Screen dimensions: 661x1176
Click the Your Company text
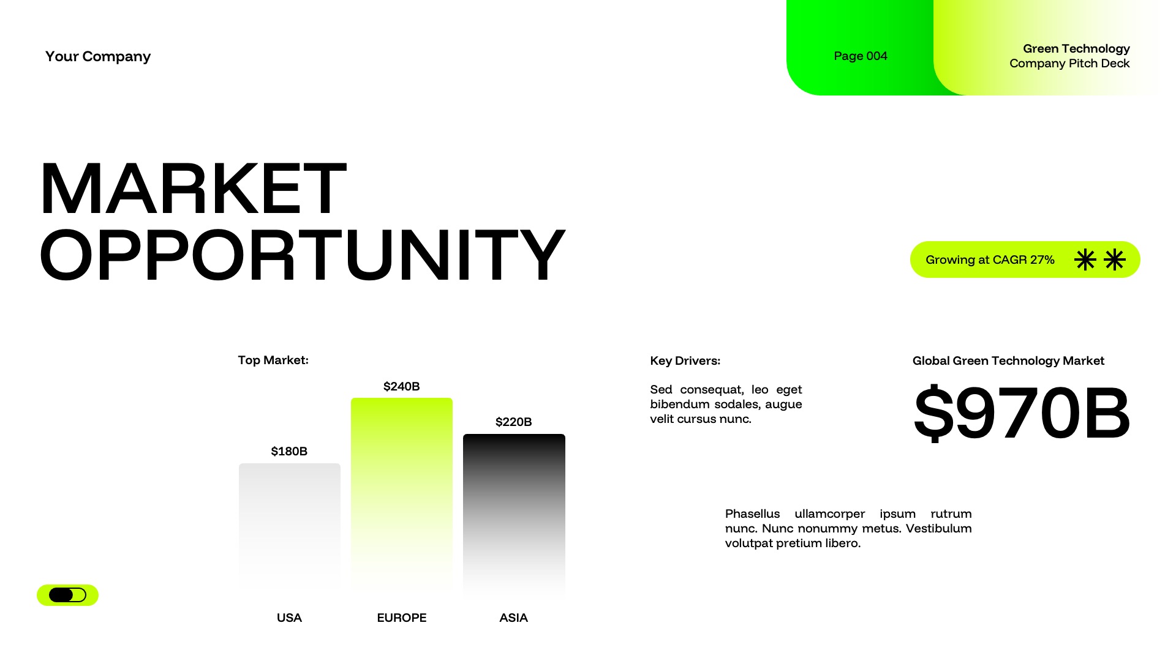click(98, 56)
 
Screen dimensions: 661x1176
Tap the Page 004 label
click(860, 56)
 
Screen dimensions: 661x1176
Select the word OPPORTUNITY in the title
click(302, 255)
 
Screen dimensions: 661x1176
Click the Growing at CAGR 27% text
click(990, 260)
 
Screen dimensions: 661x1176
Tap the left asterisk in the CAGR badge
click(1085, 260)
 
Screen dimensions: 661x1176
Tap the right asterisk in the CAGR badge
click(1115, 260)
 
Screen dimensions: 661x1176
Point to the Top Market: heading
click(273, 360)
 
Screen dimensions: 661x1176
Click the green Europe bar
click(402, 490)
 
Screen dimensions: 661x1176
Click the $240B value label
click(401, 386)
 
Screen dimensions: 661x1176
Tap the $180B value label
click(289, 451)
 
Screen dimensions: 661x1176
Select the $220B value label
click(513, 422)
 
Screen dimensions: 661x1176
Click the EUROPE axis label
click(401, 618)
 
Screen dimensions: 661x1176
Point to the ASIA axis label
click(513, 618)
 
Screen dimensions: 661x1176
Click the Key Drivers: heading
click(685, 361)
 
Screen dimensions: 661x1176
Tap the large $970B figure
click(1021, 413)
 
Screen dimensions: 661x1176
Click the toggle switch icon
click(67, 595)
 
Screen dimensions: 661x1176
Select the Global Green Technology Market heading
click(1008, 361)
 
